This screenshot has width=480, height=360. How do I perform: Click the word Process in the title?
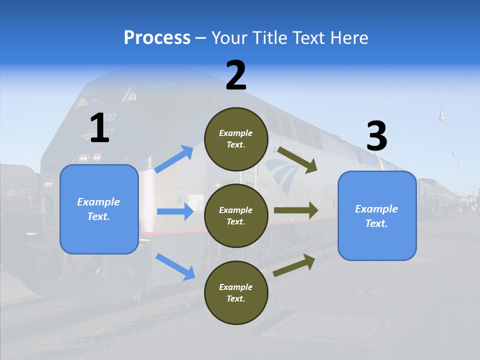pos(157,37)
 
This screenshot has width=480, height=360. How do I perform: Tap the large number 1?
pos(99,128)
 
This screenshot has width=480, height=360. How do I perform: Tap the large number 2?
pos(236,75)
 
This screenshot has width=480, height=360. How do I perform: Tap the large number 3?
pos(376,136)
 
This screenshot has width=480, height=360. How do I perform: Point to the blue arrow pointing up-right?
pos(174,159)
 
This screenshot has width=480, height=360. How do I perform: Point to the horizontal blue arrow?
pos(175,211)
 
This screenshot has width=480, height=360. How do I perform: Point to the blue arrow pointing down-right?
pos(175,266)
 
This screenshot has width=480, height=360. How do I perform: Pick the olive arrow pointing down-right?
pos(297,160)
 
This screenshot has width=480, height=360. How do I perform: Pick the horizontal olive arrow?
pos(295,210)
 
